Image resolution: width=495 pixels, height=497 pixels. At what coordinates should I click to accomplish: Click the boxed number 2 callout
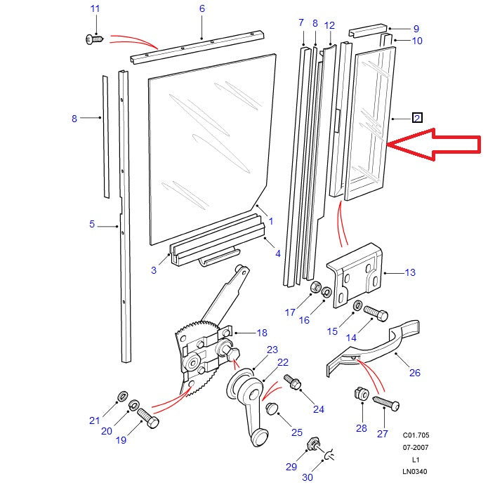tap(417, 118)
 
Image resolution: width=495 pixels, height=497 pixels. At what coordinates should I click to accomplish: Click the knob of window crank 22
tap(260, 437)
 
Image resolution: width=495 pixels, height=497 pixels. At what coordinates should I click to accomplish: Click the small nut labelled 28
tap(360, 395)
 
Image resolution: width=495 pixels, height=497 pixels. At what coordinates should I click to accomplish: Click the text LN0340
tap(414, 472)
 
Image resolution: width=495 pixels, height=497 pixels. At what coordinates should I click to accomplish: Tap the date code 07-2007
tap(414, 447)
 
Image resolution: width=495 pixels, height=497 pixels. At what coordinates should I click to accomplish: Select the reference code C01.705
tap(414, 435)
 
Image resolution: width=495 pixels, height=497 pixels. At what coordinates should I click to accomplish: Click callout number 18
tap(262, 333)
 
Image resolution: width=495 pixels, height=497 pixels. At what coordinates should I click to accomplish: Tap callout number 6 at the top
tap(202, 9)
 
